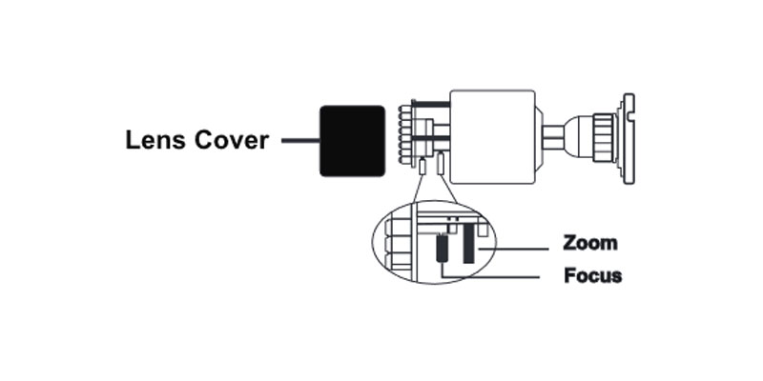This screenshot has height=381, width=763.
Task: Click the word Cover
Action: (x=232, y=140)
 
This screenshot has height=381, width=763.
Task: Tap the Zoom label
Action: (x=589, y=243)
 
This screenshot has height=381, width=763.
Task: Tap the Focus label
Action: (x=592, y=275)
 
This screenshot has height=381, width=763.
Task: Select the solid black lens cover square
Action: (x=352, y=141)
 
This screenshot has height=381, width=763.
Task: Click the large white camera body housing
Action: (x=492, y=137)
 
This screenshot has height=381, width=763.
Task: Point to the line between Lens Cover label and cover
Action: (x=300, y=141)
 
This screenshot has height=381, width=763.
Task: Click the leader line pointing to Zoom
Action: (x=513, y=250)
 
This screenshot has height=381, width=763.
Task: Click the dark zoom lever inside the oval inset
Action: (x=468, y=243)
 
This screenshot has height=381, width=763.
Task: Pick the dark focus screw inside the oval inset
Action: (x=442, y=248)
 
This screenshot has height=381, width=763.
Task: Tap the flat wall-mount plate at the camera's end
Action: (x=629, y=138)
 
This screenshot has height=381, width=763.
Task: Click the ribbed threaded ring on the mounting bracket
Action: (x=605, y=138)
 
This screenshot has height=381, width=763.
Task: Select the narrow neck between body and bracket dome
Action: (x=553, y=137)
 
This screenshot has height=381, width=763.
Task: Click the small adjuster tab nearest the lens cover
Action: (x=423, y=166)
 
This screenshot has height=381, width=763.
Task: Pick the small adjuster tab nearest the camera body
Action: (x=441, y=164)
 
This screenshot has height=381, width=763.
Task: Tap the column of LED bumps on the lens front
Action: (x=402, y=134)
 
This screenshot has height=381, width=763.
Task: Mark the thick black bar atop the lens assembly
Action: (x=431, y=104)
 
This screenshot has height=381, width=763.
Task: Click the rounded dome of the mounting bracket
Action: (x=578, y=137)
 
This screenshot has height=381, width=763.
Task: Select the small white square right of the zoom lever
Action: (x=483, y=229)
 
